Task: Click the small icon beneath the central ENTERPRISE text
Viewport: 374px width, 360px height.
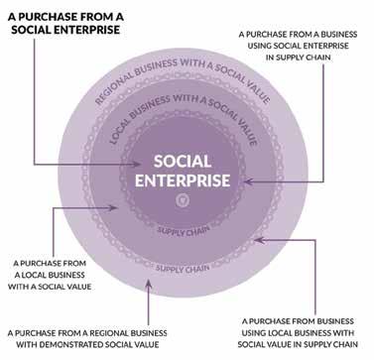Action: pos(183,200)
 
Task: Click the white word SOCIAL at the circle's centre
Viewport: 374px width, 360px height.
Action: pos(183,162)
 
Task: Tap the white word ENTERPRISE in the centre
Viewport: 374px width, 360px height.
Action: pos(183,180)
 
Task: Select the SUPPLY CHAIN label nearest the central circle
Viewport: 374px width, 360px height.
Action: pos(184,231)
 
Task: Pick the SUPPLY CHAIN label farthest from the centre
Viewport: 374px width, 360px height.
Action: pos(183,268)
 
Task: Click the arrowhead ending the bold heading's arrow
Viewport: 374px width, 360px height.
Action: pos(137,164)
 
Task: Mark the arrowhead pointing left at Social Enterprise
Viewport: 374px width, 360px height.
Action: pos(249,181)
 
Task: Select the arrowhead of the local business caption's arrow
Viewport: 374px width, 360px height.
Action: pos(113,207)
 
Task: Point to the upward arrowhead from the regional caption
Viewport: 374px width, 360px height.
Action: pos(149,284)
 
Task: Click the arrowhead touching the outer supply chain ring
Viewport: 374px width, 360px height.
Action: pos(259,240)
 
